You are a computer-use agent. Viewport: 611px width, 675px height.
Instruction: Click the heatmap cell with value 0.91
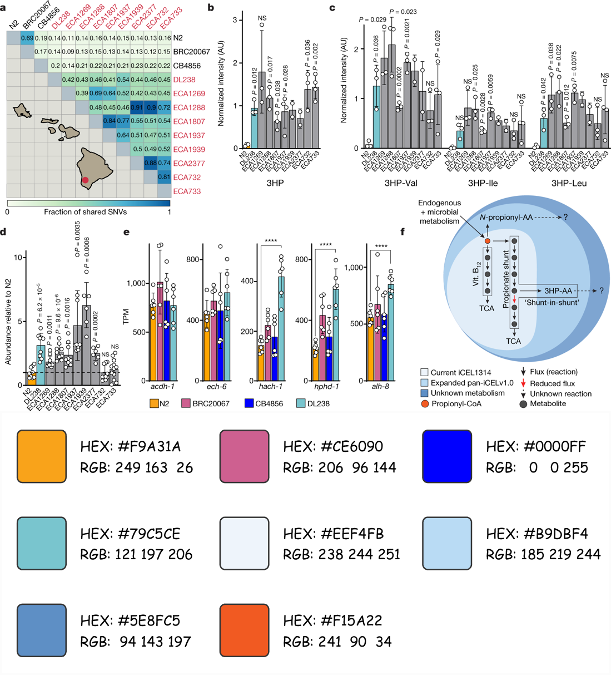tap(137, 107)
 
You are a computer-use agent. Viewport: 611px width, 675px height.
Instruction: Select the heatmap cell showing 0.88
tap(151, 163)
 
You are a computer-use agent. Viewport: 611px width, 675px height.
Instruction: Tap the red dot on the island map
tap(85, 180)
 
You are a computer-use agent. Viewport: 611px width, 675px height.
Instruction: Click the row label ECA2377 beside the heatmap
tap(189, 163)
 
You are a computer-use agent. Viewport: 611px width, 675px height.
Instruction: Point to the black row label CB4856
tap(187, 66)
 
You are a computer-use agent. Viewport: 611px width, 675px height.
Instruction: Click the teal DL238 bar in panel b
tap(254, 128)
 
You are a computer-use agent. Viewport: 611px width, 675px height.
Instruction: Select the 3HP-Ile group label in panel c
tap(483, 183)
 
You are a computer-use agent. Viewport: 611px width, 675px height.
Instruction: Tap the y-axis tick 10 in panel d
tap(18, 257)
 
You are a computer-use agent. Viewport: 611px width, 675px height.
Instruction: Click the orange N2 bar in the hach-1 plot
tap(261, 362)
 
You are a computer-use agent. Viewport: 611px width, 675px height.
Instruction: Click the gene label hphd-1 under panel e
tap(326, 386)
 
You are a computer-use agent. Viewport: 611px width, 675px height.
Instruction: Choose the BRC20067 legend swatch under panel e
tap(186, 403)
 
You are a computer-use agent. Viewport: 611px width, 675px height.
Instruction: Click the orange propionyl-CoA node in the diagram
tap(488, 241)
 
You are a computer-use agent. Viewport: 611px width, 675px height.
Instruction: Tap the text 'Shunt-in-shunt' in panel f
tap(552, 302)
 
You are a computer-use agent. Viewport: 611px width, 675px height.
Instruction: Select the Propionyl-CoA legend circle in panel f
tap(425, 403)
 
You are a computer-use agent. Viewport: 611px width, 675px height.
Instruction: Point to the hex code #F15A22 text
tap(332, 620)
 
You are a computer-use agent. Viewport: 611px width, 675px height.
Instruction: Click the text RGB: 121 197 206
tap(136, 554)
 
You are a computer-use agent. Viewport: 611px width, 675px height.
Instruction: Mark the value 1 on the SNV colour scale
tap(170, 212)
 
